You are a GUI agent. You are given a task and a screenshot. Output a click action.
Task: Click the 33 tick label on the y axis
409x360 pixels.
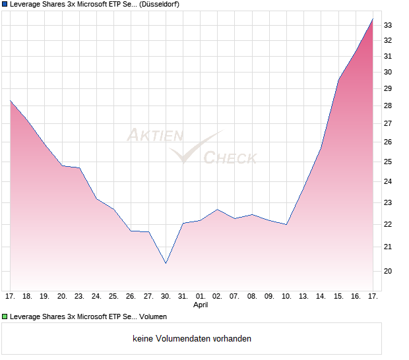tap(388, 25)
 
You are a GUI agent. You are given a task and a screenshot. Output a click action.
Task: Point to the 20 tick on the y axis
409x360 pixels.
tap(388, 271)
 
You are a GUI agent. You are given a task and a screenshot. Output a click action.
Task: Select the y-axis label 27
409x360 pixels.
tap(388, 123)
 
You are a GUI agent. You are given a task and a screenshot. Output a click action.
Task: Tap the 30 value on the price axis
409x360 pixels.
tap(388, 73)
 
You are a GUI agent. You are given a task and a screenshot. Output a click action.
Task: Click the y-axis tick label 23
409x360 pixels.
tap(388, 202)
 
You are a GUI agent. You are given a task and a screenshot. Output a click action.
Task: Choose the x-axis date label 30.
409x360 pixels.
tap(166, 297)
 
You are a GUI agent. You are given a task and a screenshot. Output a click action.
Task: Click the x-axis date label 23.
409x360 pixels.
tap(79, 297)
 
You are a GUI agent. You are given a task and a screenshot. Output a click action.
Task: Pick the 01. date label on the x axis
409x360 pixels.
tap(201, 297)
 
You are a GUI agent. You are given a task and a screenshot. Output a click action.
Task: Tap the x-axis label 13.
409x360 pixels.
tap(304, 297)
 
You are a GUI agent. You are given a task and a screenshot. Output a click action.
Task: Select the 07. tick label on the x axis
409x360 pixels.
tap(235, 297)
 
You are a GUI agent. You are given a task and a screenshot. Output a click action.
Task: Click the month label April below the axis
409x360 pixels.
tap(201, 305)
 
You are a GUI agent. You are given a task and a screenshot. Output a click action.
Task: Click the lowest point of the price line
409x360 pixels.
tap(166, 263)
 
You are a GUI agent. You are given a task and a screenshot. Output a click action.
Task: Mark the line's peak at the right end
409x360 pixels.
tap(373, 19)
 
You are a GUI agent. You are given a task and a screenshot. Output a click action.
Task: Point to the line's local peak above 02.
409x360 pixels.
tap(218, 210)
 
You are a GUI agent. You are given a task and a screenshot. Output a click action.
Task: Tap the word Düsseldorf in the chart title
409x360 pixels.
tap(160, 5)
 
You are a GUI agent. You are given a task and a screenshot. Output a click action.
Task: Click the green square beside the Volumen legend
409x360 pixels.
tap(5, 316)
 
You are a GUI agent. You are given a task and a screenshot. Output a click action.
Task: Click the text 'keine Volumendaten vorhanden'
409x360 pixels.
tap(192, 339)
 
